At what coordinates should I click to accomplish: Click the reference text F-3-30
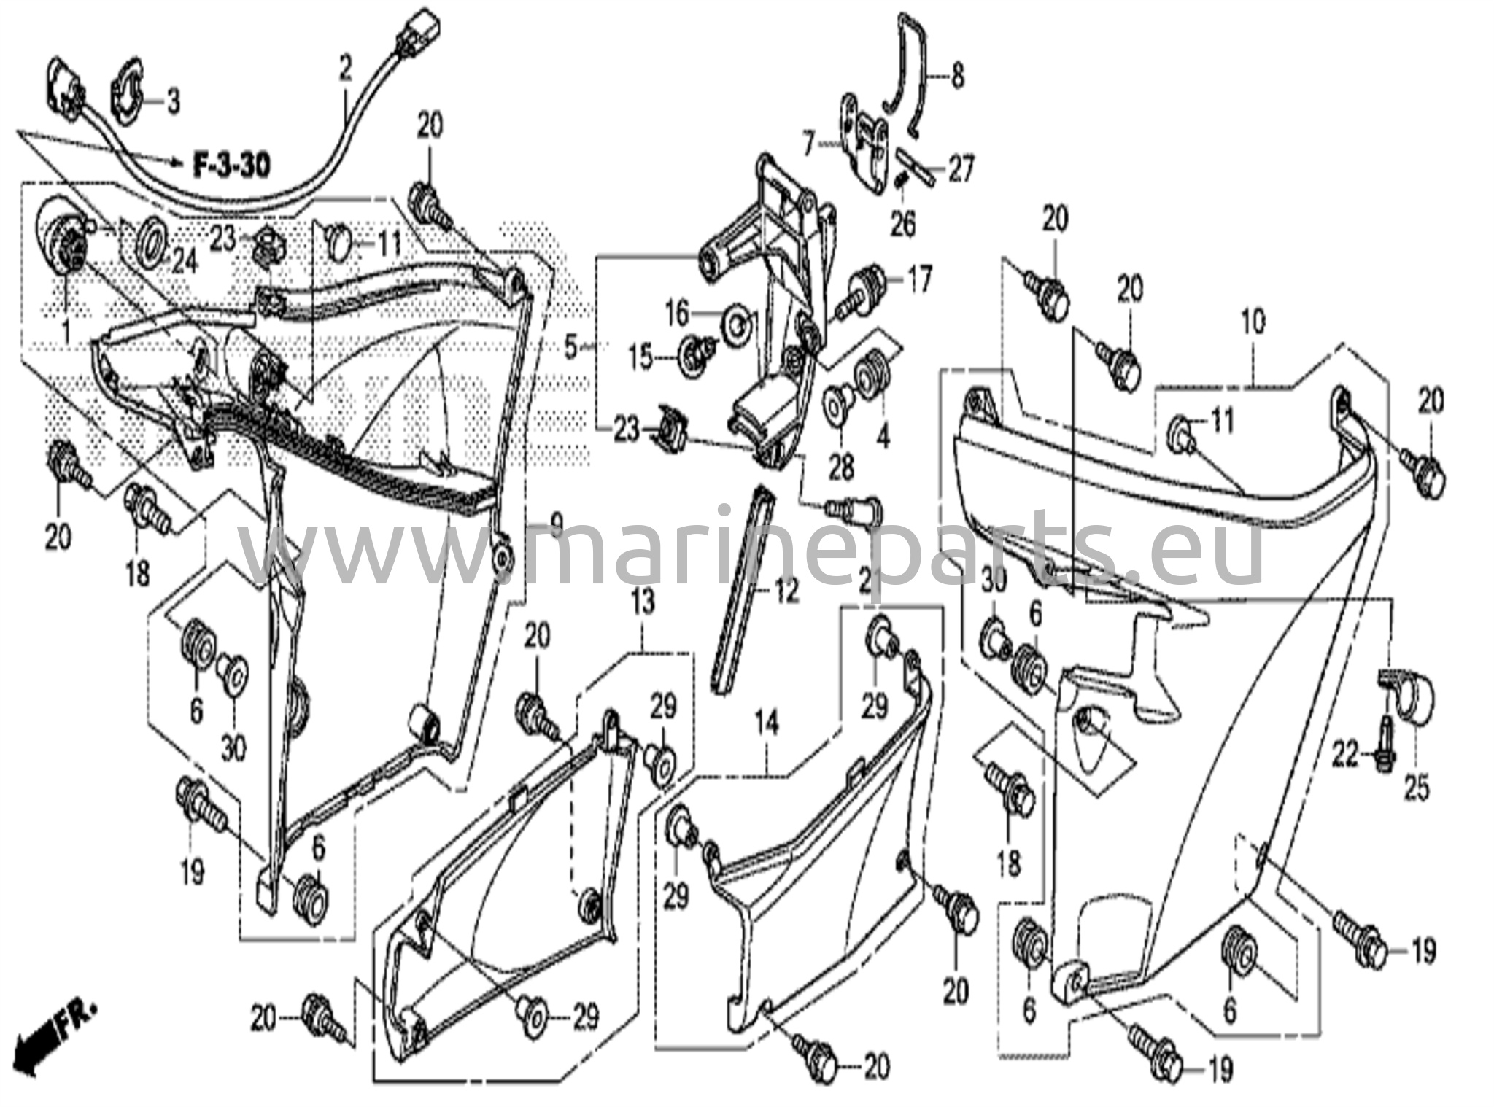[x=231, y=166]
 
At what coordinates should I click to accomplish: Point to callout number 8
[x=956, y=76]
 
